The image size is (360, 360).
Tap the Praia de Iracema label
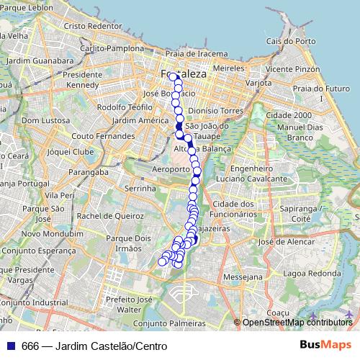191,53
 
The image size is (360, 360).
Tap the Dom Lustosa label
45,120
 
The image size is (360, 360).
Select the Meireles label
229,67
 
